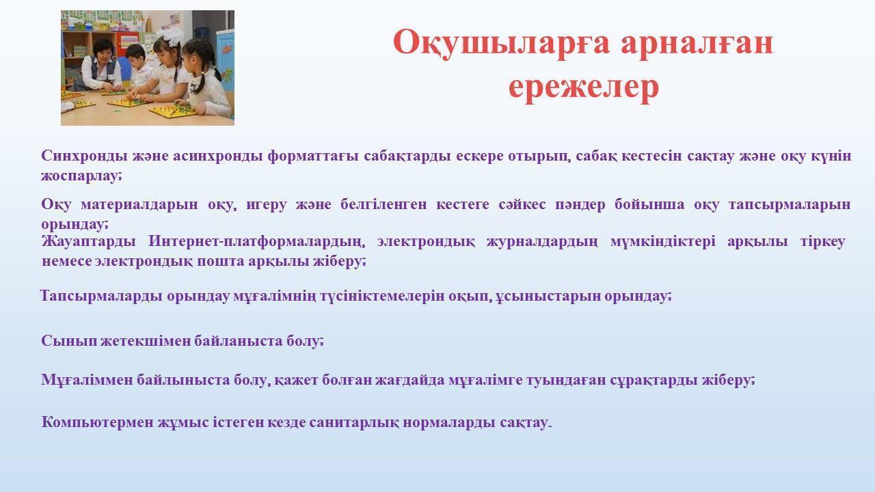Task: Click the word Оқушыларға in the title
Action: click(x=501, y=43)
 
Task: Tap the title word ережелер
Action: click(x=584, y=87)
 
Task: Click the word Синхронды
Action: click(x=84, y=156)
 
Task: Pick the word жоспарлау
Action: click(x=81, y=176)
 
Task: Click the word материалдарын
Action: click(x=139, y=204)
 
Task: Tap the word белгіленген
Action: click(x=383, y=204)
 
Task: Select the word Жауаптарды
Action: click(x=88, y=242)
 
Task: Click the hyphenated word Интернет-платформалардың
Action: click(x=256, y=242)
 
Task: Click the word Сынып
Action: click(x=69, y=341)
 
